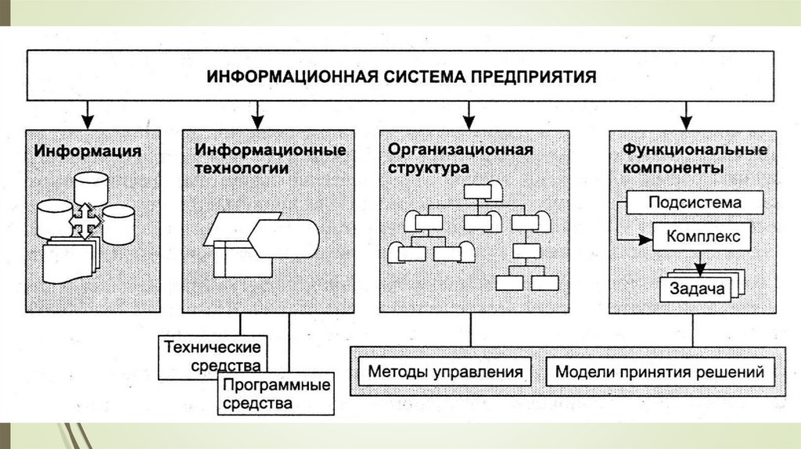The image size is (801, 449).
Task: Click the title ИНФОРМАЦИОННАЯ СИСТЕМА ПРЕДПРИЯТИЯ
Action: (x=400, y=77)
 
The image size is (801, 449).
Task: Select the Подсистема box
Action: (x=695, y=203)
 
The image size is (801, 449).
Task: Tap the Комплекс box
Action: (x=698, y=235)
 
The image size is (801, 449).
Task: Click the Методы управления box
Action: (x=445, y=372)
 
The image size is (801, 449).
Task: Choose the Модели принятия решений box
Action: (x=659, y=372)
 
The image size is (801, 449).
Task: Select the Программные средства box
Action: (x=275, y=393)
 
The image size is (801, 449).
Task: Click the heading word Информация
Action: (x=87, y=151)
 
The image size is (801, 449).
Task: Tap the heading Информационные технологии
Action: (x=270, y=157)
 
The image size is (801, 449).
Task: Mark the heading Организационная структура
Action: (x=461, y=157)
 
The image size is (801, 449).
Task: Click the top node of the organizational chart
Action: (x=478, y=190)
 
